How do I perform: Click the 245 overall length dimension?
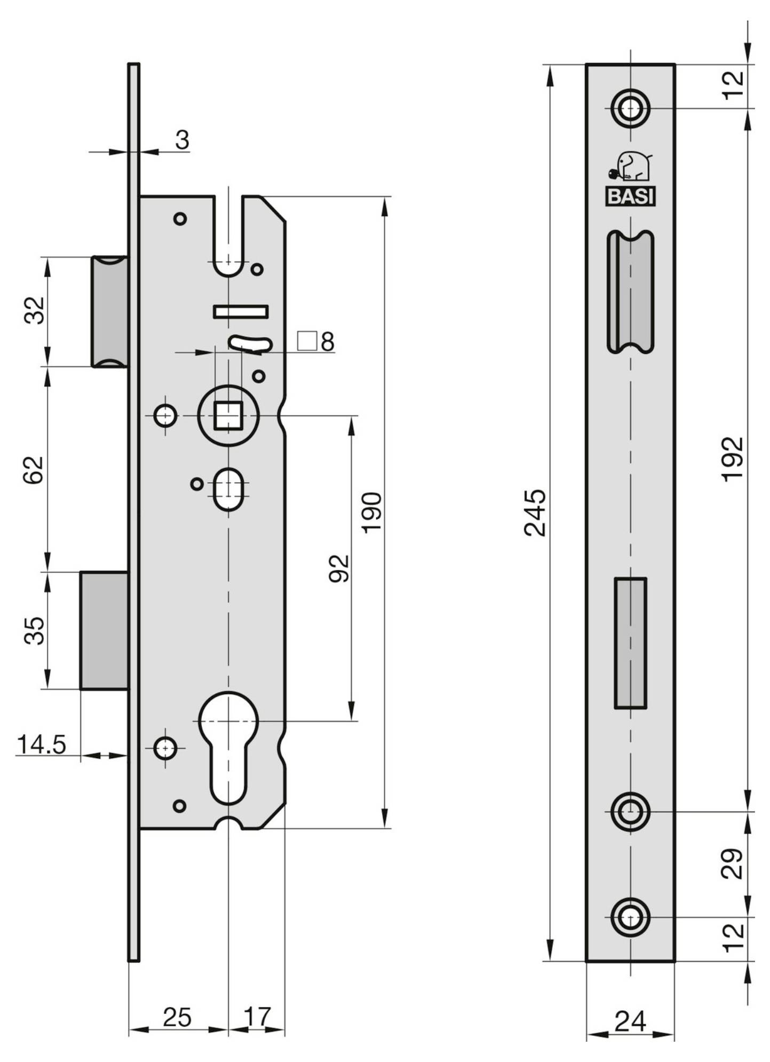[x=535, y=513]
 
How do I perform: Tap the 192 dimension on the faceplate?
[x=732, y=459]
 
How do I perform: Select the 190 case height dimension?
[x=371, y=513]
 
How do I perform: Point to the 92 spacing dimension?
[x=339, y=569]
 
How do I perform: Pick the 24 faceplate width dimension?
[x=630, y=1021]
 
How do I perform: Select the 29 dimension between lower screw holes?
[x=732, y=863]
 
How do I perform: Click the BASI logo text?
[x=630, y=197]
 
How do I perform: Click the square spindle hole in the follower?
[x=228, y=415]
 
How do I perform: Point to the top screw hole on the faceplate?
[x=630, y=108]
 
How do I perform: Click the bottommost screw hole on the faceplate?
[x=630, y=917]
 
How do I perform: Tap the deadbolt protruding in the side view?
[x=104, y=630]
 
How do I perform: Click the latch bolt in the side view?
[x=109, y=312]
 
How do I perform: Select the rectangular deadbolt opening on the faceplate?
[x=630, y=643]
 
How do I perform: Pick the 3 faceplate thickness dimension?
[x=182, y=140]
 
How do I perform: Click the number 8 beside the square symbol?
[x=327, y=342]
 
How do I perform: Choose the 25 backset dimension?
[x=177, y=1018]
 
